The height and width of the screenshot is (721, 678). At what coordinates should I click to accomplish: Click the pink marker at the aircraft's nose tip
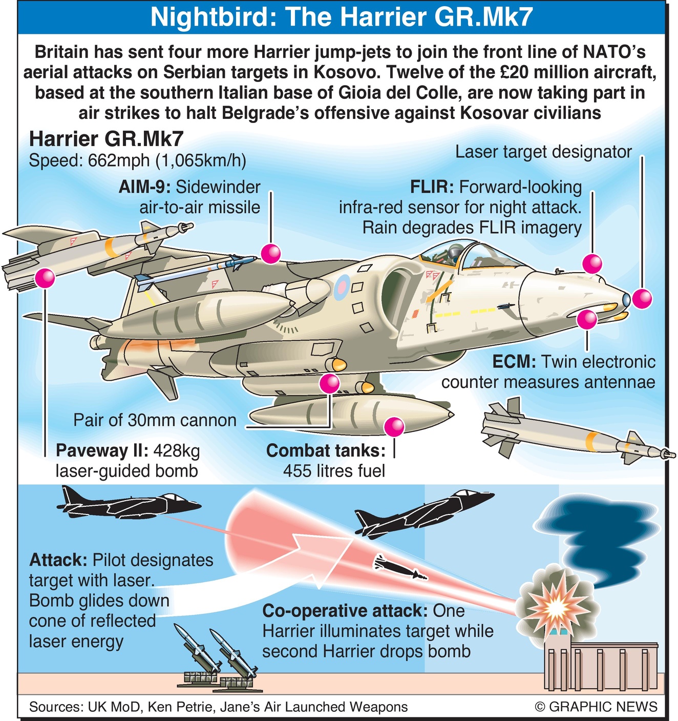(641, 298)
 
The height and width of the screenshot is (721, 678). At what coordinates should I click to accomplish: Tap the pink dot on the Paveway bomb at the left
(45, 278)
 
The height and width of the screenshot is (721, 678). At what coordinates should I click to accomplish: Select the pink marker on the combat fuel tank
(394, 426)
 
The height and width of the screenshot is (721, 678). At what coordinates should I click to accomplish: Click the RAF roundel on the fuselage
(342, 287)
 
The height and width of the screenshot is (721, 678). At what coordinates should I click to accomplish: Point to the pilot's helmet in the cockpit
(453, 252)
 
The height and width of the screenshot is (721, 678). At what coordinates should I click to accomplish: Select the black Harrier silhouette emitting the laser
(128, 504)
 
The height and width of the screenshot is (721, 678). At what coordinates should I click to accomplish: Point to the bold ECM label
(514, 362)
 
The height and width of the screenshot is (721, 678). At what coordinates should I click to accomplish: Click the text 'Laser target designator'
(543, 152)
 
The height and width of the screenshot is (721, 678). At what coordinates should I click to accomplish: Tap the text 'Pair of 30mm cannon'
(155, 420)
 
